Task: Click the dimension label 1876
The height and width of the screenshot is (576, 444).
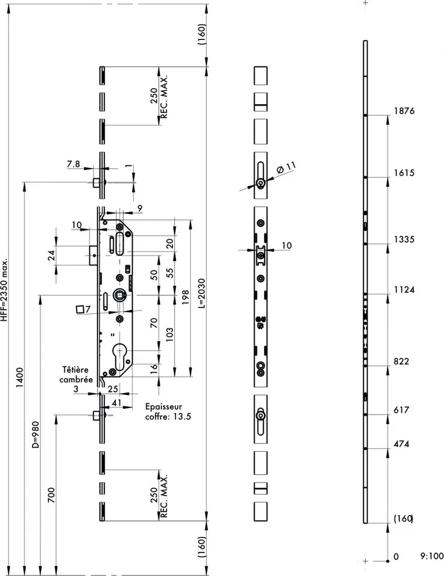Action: [x=404, y=111]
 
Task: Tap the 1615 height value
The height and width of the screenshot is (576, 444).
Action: [x=404, y=173]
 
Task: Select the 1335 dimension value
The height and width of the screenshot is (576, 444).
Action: [x=404, y=240]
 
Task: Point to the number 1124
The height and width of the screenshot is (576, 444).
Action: [x=404, y=290]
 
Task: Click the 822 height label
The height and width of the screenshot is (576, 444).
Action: [x=401, y=361]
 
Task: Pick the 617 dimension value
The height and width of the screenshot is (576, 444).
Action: [x=401, y=409]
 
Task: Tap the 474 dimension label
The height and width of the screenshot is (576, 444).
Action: [x=401, y=444]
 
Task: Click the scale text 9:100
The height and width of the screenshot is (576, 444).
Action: [x=432, y=556]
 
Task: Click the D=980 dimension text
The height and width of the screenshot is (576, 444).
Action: [x=35, y=435]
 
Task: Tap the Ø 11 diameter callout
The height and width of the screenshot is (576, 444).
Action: [x=286, y=168]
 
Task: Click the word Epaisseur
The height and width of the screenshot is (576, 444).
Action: [x=164, y=407]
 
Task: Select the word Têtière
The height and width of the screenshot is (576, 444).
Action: [x=75, y=370]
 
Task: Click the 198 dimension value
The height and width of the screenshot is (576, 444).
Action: [x=185, y=297]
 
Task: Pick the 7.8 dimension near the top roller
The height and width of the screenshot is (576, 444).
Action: [x=74, y=164]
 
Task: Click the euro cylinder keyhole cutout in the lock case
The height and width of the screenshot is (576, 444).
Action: [x=119, y=356]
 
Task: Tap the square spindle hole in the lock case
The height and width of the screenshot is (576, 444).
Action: [x=119, y=294]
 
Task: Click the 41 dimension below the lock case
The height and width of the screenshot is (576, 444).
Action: [x=116, y=403]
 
